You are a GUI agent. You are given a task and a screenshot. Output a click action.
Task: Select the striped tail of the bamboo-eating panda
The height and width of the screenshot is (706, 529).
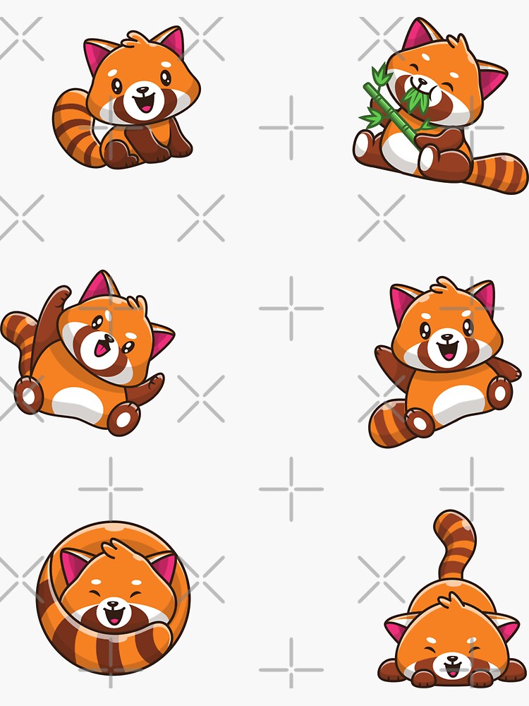coord(499,173)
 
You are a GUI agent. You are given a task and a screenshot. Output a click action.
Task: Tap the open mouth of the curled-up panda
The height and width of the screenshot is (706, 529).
coord(112,617)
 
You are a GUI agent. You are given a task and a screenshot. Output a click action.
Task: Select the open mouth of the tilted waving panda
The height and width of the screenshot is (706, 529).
coord(104,347)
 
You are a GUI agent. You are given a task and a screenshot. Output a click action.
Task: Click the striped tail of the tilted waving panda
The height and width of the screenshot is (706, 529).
coord(18,339)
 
